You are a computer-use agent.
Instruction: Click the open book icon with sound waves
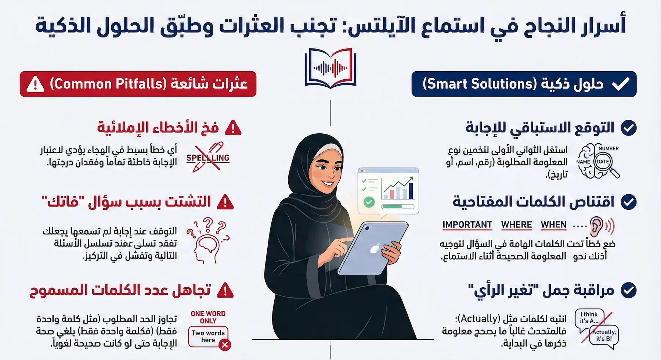(330, 68)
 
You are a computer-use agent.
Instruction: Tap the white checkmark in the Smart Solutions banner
(621, 84)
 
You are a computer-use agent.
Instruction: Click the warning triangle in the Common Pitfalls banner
(36, 84)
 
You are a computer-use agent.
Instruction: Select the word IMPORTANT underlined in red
(467, 225)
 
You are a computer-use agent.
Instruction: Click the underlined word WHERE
(516, 225)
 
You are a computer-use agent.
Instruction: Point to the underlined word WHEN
(553, 225)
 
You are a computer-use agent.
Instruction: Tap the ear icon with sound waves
(599, 226)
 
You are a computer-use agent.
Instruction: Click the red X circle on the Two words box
(225, 345)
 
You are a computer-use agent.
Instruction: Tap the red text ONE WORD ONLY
(208, 317)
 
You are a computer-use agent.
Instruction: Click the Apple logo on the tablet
(374, 249)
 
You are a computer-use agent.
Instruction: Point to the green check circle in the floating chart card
(369, 202)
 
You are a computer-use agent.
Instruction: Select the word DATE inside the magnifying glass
(603, 162)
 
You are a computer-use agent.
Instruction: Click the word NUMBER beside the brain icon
(608, 148)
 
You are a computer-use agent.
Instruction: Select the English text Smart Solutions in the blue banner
(480, 84)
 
